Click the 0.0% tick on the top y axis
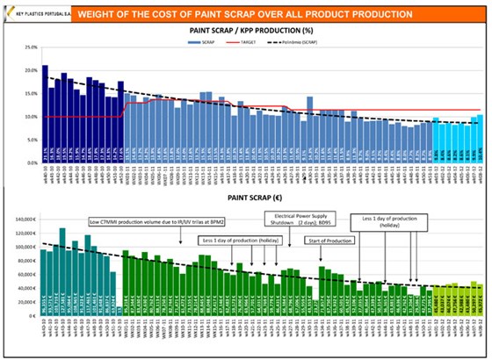[x=28, y=162]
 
